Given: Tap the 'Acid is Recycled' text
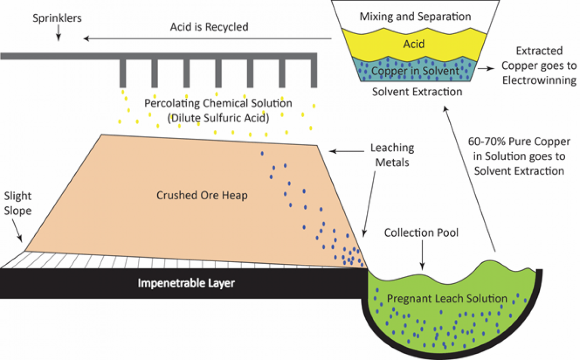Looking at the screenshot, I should [209, 27].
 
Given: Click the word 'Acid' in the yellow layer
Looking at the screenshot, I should [414, 44].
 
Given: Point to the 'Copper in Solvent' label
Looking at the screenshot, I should [415, 71].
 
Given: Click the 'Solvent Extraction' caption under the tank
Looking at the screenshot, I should [417, 92].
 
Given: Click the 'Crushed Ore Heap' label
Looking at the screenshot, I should [202, 195].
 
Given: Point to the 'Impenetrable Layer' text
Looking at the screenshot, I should [186, 283].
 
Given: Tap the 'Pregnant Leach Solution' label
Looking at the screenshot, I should [447, 298].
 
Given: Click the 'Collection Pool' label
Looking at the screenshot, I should [421, 233].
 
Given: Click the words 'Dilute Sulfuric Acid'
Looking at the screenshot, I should [218, 116].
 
